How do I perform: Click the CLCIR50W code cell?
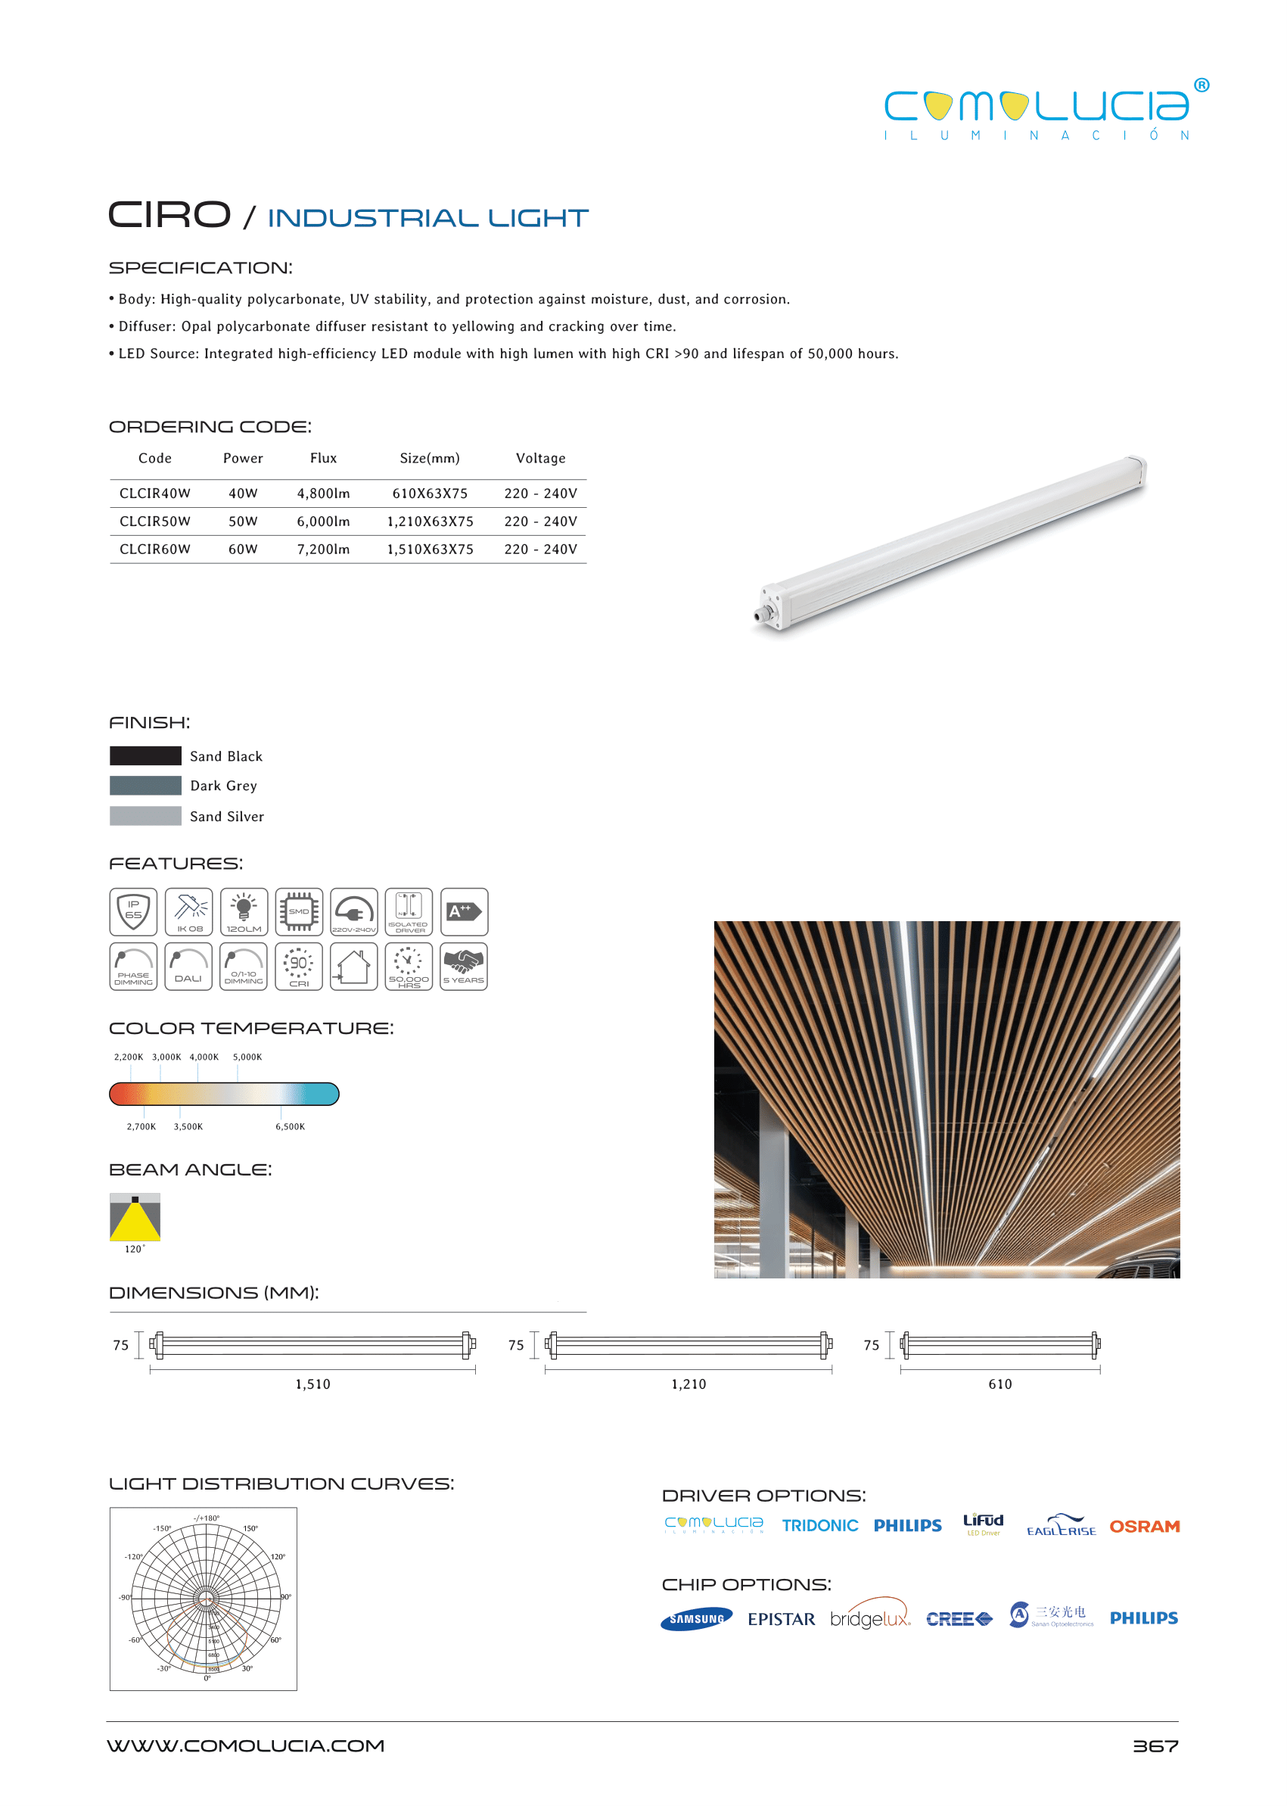click(154, 521)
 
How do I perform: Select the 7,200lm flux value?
click(323, 549)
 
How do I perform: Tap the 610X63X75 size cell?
click(430, 493)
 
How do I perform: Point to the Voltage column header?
click(540, 458)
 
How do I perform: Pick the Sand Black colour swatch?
click(146, 755)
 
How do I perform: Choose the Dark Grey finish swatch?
click(146, 786)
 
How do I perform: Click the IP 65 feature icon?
click(133, 912)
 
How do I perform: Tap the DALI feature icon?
click(188, 967)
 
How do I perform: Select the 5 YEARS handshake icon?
click(464, 967)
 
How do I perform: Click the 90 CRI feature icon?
click(299, 967)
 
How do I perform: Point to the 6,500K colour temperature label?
click(290, 1126)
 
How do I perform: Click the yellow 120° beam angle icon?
click(135, 1217)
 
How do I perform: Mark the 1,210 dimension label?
click(689, 1384)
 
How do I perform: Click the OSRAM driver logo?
click(1144, 1526)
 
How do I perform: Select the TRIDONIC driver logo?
click(819, 1526)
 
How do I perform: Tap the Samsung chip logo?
click(696, 1619)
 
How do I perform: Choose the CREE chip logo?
click(959, 1619)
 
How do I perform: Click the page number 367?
click(1155, 1745)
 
